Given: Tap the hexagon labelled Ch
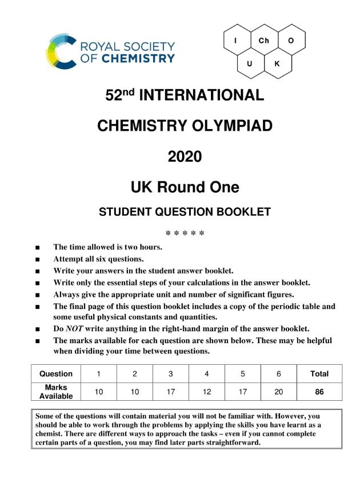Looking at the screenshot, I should pyautogui.click(x=264, y=41).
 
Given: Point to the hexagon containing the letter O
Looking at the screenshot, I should pyautogui.click(x=291, y=41).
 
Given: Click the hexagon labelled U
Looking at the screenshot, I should pyautogui.click(x=250, y=63).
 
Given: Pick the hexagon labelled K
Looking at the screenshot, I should pyautogui.click(x=277, y=63).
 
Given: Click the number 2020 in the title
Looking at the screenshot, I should pyautogui.click(x=185, y=156).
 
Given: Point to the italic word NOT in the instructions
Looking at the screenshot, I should pyautogui.click(x=75, y=328).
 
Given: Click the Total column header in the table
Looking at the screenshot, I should pyautogui.click(x=319, y=374).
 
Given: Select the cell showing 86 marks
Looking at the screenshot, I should pyautogui.click(x=319, y=392).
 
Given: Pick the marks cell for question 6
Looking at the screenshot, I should pyautogui.click(x=278, y=392).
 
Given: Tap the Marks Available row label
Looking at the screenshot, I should pyautogui.click(x=56, y=392).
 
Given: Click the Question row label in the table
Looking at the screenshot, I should pyautogui.click(x=56, y=374).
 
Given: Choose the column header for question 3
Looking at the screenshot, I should pyautogui.click(x=170, y=374).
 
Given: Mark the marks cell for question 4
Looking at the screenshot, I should pyautogui.click(x=207, y=392).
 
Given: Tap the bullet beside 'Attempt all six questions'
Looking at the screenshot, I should pyautogui.click(x=38, y=259).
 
